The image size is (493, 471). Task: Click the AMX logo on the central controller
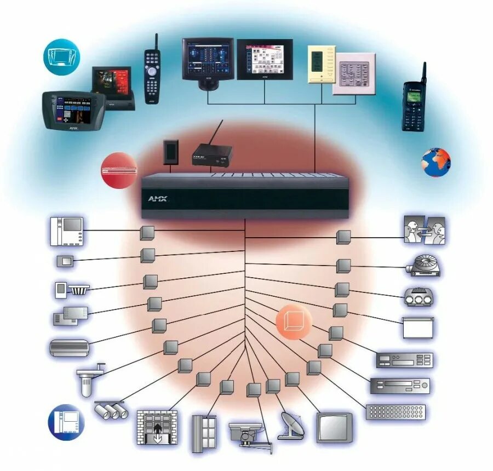(x=157, y=199)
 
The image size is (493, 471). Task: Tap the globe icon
(x=435, y=162)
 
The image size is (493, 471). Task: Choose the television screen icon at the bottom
(x=334, y=427)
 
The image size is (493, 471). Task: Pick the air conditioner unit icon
(x=69, y=348)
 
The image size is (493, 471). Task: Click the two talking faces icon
(x=425, y=230)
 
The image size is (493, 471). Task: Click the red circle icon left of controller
(x=118, y=170)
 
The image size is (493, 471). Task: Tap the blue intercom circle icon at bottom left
(x=66, y=422)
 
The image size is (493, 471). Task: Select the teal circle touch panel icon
(x=61, y=56)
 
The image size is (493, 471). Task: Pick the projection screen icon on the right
(x=418, y=328)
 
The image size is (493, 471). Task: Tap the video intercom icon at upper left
(x=66, y=231)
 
